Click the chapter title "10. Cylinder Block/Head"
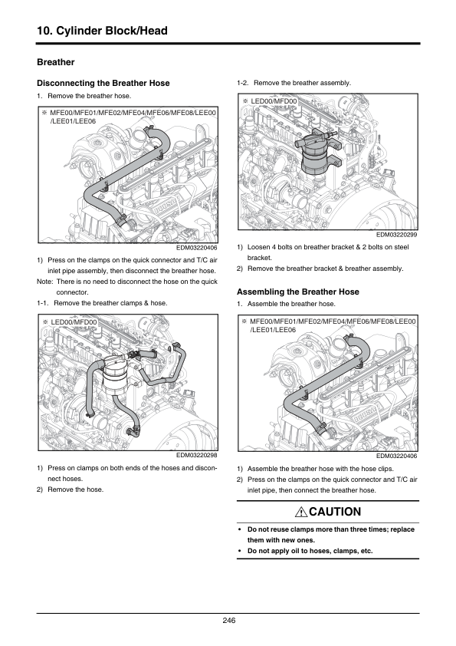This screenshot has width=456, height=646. pos(102,31)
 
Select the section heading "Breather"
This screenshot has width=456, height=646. pos(55,62)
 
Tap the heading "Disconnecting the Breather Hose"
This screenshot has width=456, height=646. pos(103,83)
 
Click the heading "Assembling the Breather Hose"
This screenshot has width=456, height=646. pos(298,292)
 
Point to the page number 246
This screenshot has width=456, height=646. pos(228,621)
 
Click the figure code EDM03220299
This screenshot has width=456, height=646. pos(396,235)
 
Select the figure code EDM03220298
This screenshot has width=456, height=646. pos(197,455)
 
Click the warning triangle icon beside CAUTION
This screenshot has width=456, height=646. pos(301,512)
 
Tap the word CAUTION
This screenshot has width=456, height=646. pos(335,512)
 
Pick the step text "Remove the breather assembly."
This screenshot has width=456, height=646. pos(302,83)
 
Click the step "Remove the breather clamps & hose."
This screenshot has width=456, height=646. pos(110,303)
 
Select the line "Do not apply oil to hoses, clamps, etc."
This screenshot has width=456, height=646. pos(310,551)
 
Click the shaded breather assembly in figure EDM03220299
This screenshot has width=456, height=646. pos(316,154)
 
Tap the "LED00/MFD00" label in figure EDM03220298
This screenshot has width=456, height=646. pos(74,321)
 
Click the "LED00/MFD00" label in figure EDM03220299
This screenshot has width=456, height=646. pos(274,101)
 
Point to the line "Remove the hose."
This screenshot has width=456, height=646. pos(76,489)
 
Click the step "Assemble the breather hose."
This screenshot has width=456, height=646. pos(291,304)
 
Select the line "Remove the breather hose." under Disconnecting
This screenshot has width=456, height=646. pos(90,96)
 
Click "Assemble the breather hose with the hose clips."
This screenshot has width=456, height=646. pos(320,469)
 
